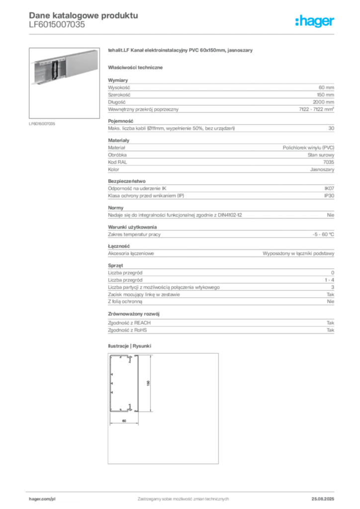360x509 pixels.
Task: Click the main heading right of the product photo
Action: coord(181,51)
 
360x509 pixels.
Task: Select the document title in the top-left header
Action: coord(82,15)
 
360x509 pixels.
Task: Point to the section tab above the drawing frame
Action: coord(131,345)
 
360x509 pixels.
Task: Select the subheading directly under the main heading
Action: coord(137,67)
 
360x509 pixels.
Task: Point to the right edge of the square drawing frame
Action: coord(221,408)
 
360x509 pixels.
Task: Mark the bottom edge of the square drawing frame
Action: coord(164,464)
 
